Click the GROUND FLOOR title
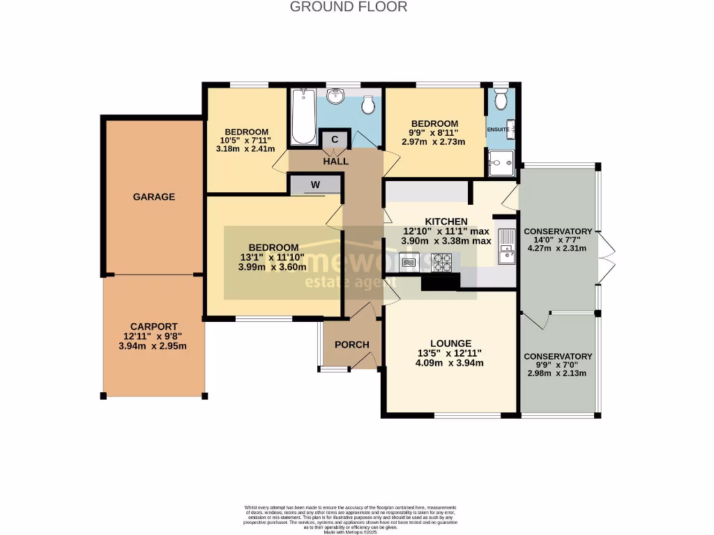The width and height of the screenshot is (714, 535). tap(348, 7)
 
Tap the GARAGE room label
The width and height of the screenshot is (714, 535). tap(154, 197)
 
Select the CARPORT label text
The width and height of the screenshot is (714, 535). tap(153, 326)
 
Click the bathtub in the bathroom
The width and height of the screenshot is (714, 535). tap(303, 116)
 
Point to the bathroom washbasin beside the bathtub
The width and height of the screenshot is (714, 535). tap(336, 96)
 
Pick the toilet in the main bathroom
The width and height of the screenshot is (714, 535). tap(369, 104)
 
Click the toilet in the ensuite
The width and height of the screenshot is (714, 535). tap(500, 100)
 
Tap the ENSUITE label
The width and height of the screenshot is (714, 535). tap(497, 130)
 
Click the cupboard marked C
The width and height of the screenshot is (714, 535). tap(334, 139)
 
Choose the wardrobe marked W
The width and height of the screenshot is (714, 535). tap(315, 185)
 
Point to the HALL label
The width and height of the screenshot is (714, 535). tap(335, 161)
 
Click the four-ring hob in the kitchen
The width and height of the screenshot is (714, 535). tap(442, 263)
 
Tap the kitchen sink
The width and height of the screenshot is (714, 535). tap(506, 247)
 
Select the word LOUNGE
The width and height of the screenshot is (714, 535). tap(450, 343)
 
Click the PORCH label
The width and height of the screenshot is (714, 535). tap(352, 345)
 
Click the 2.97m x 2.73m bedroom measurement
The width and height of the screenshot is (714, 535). tap(433, 142)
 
